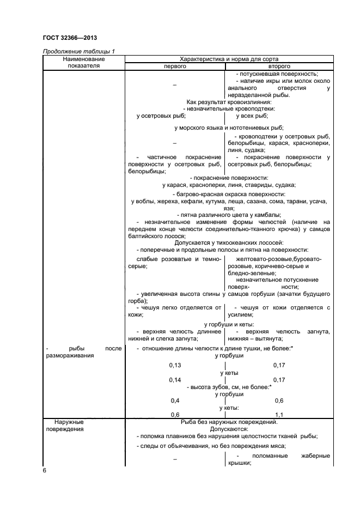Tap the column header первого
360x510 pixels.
tap(175, 65)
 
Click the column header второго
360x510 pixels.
tap(279, 65)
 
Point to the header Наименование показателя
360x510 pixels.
tap(83, 62)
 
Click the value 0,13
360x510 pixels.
tap(175, 365)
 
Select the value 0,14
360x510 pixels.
tap(175, 379)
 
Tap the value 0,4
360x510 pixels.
tap(175, 400)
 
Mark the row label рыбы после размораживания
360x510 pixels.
tap(83, 351)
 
